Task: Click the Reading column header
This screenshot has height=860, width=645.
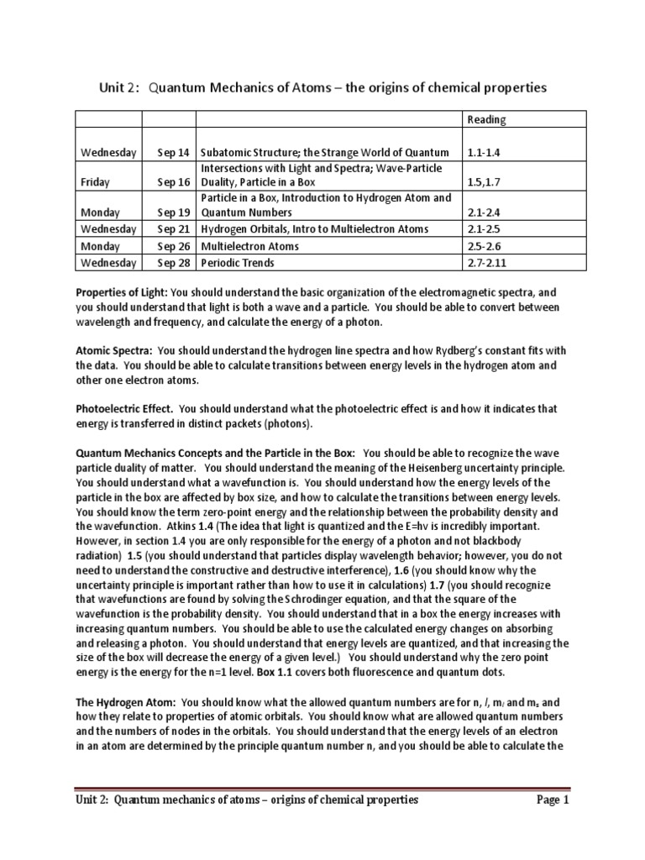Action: coord(486,120)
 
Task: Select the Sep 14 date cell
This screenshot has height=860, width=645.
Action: coord(174,152)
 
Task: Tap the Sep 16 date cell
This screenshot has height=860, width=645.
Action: coord(174,181)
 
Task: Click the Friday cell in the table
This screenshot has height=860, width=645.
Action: coord(95,181)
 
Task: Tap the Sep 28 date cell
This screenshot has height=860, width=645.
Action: coord(174,262)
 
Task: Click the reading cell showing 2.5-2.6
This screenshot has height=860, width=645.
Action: coord(484,245)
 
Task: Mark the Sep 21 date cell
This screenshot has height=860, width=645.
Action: coord(174,229)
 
